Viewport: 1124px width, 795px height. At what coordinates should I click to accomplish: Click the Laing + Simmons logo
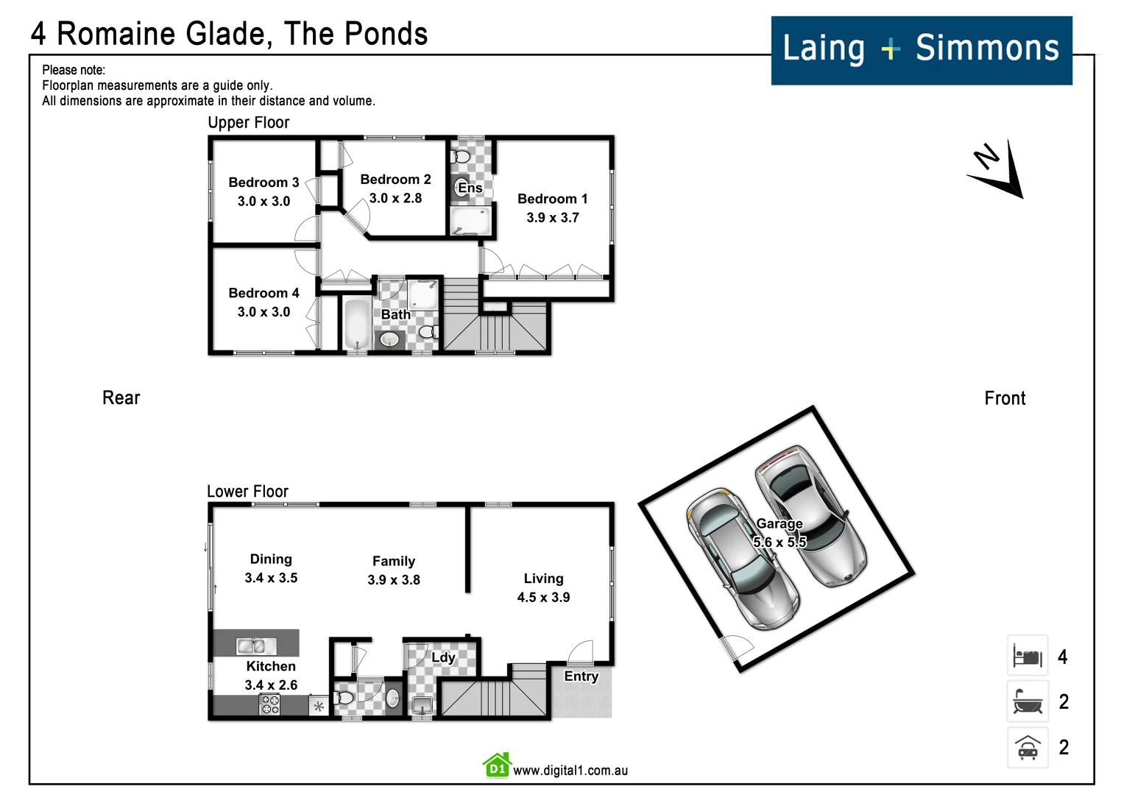(921, 50)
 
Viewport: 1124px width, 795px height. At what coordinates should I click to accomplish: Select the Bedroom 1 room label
(552, 199)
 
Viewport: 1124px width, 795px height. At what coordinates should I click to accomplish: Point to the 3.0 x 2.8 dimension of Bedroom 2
(395, 198)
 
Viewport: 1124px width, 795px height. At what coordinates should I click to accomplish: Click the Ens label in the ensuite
(470, 188)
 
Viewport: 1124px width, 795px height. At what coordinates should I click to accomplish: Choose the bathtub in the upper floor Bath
(357, 324)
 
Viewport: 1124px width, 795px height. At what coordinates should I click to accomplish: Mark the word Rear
(121, 398)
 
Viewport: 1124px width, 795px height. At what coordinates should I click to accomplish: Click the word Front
(1004, 398)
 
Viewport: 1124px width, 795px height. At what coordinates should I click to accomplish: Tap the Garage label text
(779, 523)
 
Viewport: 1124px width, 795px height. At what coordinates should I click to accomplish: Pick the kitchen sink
(256, 646)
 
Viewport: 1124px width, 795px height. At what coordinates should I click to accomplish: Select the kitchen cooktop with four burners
(269, 704)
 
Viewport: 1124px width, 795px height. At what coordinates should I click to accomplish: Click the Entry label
(581, 676)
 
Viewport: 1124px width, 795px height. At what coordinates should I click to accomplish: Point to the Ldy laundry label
(443, 657)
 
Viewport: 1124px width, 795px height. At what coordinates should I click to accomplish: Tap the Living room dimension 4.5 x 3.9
(543, 597)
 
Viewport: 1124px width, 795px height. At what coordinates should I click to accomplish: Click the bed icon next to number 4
(1028, 655)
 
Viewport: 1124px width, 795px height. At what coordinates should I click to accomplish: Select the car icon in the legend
(1028, 748)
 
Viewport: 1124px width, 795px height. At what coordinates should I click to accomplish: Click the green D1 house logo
(497, 766)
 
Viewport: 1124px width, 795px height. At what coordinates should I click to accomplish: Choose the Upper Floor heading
(248, 123)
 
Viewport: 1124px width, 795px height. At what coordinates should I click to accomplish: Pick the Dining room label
(271, 559)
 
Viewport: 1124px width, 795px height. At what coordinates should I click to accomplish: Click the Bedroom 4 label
(264, 293)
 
